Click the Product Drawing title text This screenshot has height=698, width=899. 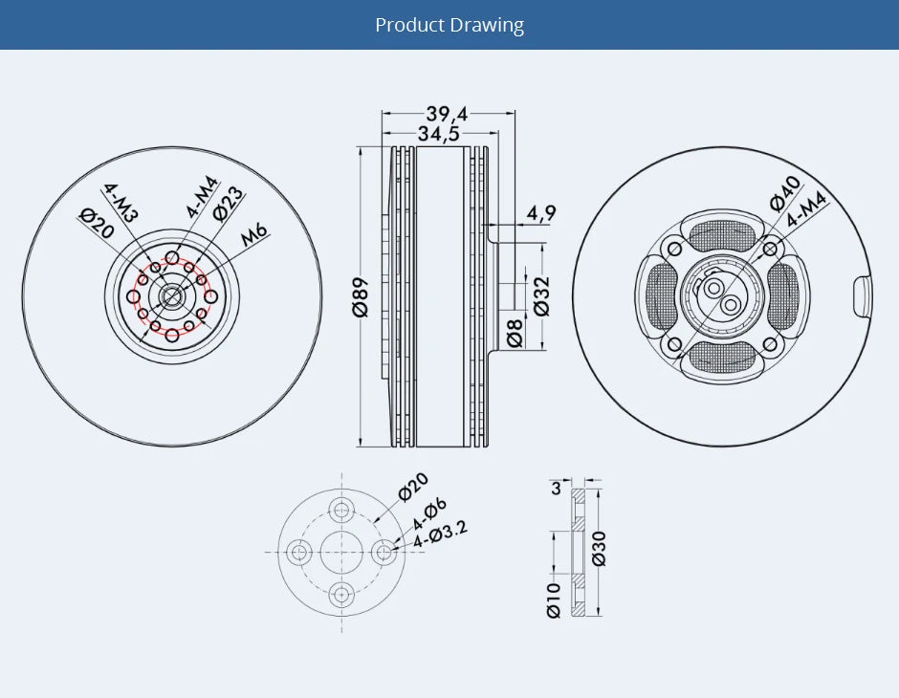[x=449, y=25]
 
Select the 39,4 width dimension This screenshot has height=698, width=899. [x=448, y=114]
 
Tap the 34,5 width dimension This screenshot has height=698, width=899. [x=439, y=134]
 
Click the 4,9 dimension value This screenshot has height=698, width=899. [x=541, y=213]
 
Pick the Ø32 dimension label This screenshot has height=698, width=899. [x=541, y=296]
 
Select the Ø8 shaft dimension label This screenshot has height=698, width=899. [x=515, y=333]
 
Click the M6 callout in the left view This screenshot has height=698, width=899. [x=255, y=233]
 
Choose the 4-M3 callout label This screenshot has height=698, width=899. [x=121, y=202]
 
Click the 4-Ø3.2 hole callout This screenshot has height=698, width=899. [x=441, y=535]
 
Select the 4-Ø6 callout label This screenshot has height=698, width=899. [x=429, y=513]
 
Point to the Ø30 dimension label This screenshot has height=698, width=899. [x=599, y=547]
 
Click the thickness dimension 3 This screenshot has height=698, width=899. [x=556, y=489]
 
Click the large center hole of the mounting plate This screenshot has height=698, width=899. [x=341, y=552]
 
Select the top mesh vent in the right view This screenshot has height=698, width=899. [x=729, y=233]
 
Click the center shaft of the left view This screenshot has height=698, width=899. [x=172, y=295]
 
